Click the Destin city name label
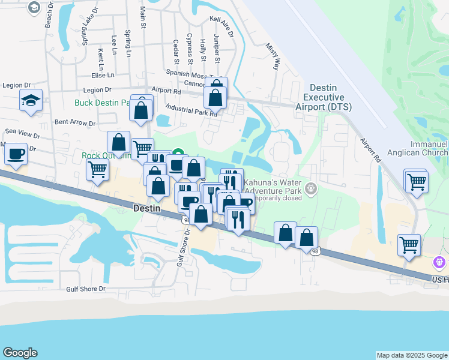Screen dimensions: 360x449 tap(146, 208)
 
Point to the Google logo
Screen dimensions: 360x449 tap(20, 353)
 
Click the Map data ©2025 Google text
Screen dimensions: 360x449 tap(411, 355)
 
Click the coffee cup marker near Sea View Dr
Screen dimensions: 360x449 tap(16, 154)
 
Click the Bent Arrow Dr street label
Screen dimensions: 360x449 tap(75, 122)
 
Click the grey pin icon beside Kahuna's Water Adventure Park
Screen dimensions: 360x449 tap(310, 188)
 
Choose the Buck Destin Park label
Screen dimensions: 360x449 tap(102, 103)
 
